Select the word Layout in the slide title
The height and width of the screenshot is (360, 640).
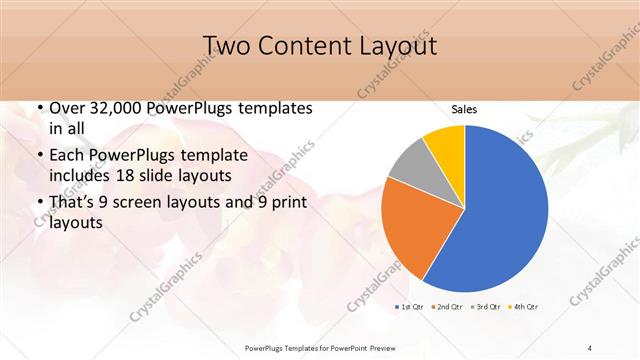tap(395, 46)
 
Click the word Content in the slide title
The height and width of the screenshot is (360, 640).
tap(303, 46)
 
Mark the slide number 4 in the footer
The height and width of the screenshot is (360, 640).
tap(590, 347)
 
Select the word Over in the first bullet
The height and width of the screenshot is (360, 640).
tap(68, 107)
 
